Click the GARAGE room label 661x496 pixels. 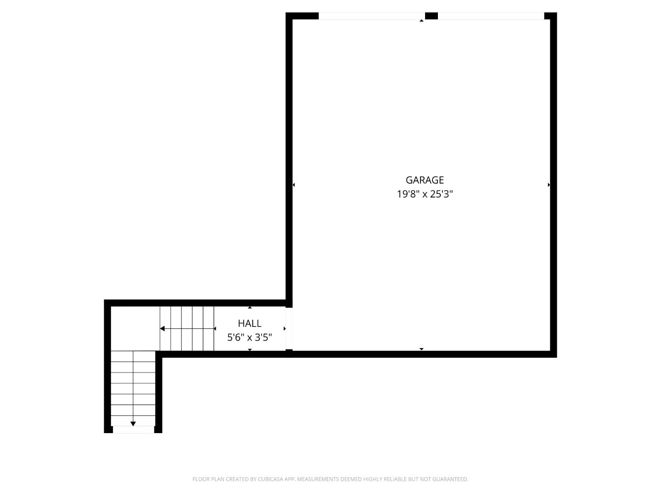click(x=425, y=180)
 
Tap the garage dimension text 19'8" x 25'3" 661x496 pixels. click(x=425, y=194)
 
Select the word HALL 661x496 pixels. click(x=250, y=323)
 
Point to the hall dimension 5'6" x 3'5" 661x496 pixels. click(x=250, y=338)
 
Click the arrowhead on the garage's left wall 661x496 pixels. click(x=294, y=185)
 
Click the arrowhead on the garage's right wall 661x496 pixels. click(x=549, y=185)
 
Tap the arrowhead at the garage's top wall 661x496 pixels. click(x=421, y=21)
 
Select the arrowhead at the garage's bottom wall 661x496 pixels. click(x=421, y=349)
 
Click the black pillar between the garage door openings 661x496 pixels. click(x=431, y=16)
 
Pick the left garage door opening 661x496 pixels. click(x=371, y=16)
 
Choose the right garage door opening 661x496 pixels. click(x=491, y=16)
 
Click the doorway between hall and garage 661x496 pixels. click(x=289, y=328)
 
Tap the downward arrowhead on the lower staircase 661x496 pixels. click(x=133, y=423)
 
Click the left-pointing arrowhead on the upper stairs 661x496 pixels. click(x=162, y=328)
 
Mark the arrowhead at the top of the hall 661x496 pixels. click(x=250, y=307)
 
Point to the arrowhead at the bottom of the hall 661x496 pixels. click(x=250, y=349)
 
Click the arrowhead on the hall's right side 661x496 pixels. click(x=285, y=328)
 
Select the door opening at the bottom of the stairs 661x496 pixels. click(x=133, y=429)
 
